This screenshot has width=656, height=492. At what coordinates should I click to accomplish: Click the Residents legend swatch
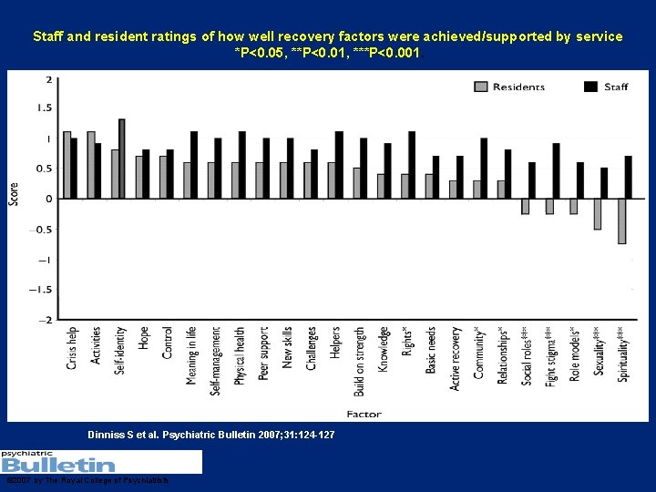(480, 87)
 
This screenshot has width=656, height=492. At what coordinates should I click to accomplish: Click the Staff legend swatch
(589, 87)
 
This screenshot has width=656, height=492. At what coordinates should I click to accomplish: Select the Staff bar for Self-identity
(122, 159)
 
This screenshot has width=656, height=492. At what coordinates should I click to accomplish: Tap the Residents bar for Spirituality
(621, 220)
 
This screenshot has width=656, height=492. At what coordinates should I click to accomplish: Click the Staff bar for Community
(484, 169)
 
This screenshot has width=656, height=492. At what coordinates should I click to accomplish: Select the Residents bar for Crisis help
(67, 165)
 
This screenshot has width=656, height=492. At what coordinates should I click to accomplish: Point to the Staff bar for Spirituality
(629, 177)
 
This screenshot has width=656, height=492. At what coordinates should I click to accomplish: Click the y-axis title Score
(14, 193)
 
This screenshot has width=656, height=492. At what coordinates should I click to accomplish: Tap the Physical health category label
(240, 356)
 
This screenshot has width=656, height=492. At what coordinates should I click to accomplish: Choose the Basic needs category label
(431, 351)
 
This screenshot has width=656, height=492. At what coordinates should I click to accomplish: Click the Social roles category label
(527, 355)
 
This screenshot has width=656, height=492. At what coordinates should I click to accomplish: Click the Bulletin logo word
(58, 465)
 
